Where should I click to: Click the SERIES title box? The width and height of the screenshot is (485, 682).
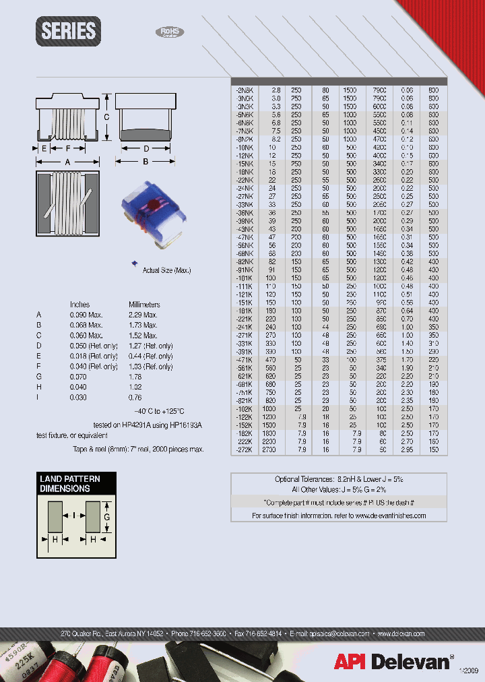[x=69, y=31]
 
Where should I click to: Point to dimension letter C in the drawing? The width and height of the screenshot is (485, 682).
[x=106, y=117]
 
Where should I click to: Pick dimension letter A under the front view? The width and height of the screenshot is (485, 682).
[x=68, y=162]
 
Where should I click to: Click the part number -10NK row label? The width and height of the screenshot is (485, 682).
[x=245, y=147]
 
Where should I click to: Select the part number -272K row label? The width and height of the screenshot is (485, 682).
[x=244, y=448]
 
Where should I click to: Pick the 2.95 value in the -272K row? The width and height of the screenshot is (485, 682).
[x=407, y=448]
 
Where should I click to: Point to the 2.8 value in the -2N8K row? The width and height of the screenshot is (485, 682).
[x=276, y=90]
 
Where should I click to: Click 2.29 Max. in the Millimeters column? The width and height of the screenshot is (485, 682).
[x=143, y=315]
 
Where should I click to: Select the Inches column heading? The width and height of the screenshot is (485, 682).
[x=79, y=305]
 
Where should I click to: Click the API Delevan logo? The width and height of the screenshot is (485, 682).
[x=393, y=662]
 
